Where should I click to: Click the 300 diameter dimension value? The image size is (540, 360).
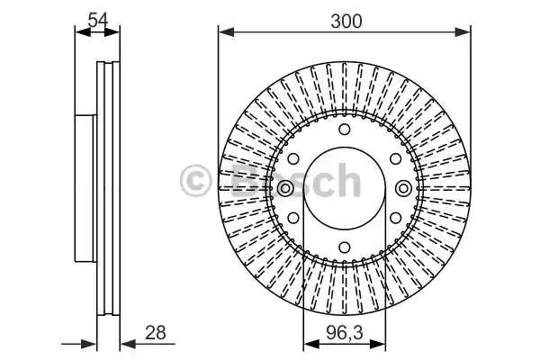pos(346,22)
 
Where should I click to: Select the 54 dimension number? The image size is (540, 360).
pos(98,20)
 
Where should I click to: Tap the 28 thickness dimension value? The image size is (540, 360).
pos(156,332)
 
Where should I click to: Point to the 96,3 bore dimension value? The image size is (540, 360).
pos(344,333)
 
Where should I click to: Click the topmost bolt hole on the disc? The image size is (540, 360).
pos(344,130)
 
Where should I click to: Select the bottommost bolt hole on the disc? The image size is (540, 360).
pos(344,247)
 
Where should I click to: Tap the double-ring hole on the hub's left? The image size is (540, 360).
pos(285,188)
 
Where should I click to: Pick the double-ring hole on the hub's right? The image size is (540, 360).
pos(403,188)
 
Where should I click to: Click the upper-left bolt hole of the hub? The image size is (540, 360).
pos(293,158)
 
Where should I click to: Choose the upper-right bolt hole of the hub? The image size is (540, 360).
pos(395,158)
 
